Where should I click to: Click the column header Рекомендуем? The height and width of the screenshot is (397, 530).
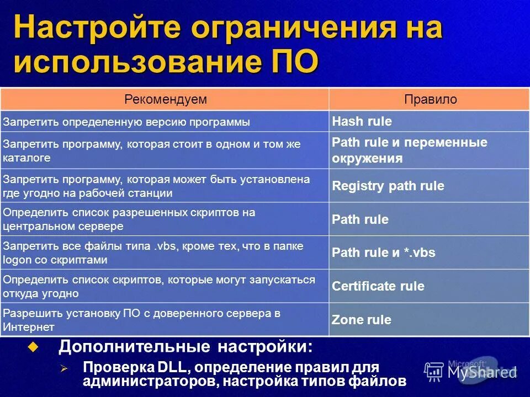pyautogui.click(x=165, y=99)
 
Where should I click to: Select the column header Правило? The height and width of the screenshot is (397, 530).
pyautogui.click(x=430, y=99)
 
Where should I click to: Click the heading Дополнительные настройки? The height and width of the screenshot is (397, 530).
pyautogui.click(x=185, y=347)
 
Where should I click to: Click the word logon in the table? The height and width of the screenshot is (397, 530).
pyautogui.click(x=17, y=260)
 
